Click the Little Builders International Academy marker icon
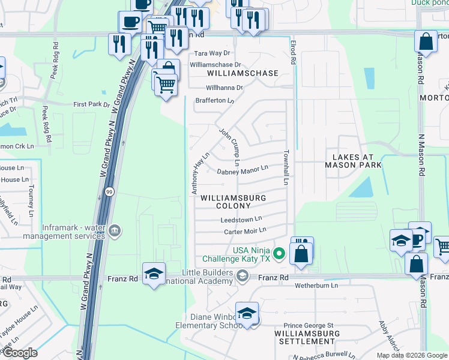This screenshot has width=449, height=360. click(x=242, y=276)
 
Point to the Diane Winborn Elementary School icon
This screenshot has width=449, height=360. click(x=247, y=315)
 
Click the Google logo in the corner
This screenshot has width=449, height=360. click(x=19, y=353)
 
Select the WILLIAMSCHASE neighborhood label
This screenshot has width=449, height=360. click(x=243, y=73)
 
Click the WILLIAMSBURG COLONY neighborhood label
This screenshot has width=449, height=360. click(x=233, y=201)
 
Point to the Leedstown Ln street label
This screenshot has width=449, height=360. click(x=241, y=220)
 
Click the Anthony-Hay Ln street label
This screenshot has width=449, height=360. click(x=200, y=173)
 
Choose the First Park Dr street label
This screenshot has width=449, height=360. click(x=91, y=104)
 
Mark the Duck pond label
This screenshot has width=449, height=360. click(x=429, y=2)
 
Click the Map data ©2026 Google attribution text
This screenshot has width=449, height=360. click(x=412, y=355)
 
